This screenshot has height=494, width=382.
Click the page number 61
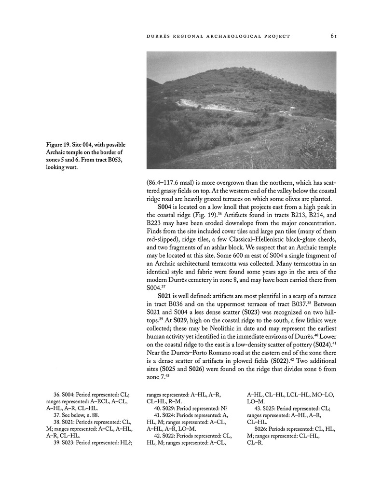(333, 35)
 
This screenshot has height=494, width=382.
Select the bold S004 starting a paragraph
(165, 207)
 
